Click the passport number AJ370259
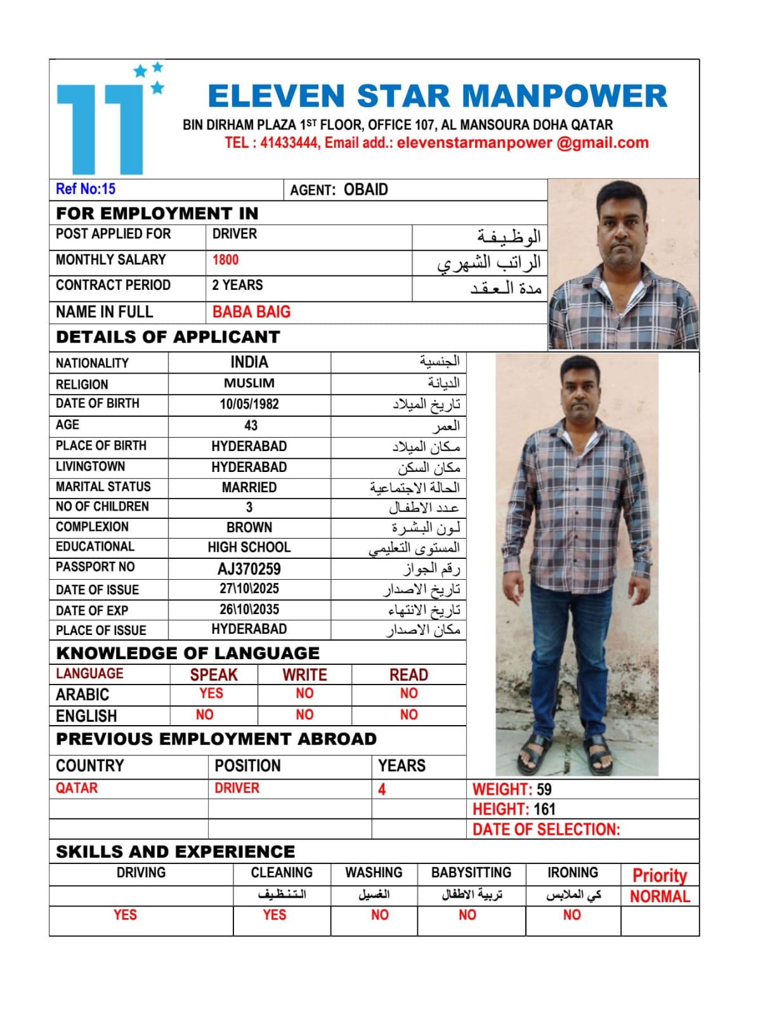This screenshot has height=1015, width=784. (249, 569)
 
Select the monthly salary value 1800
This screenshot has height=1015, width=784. (225, 260)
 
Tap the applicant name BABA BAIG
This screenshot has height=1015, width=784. (251, 312)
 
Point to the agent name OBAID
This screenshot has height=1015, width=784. (365, 190)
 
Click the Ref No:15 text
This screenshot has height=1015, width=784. (86, 189)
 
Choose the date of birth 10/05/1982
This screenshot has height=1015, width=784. (249, 404)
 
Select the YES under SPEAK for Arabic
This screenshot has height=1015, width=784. (211, 693)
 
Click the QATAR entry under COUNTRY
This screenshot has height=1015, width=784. (77, 788)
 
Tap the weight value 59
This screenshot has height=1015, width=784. (544, 790)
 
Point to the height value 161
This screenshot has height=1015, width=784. (544, 809)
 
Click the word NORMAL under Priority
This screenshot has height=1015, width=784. (660, 896)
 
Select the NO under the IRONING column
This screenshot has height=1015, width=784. (572, 915)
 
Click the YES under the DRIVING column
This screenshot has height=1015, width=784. (125, 915)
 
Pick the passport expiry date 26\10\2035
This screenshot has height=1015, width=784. (249, 610)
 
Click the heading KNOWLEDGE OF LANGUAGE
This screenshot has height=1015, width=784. (188, 653)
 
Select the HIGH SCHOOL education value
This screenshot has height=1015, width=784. (249, 547)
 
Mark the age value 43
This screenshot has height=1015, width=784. (251, 426)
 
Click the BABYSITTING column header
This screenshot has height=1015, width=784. (471, 873)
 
